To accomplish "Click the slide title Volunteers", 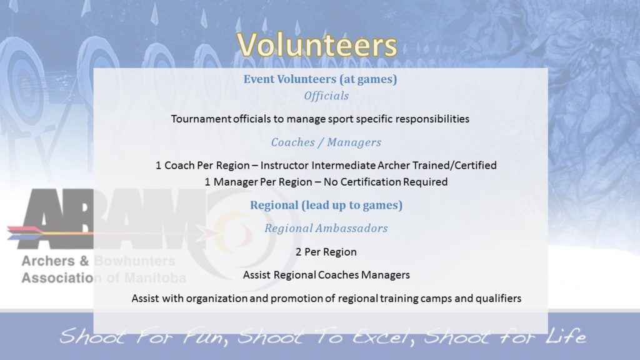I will point(317,45).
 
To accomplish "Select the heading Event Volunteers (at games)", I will point(320,79).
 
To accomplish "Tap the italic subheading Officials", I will point(326,96).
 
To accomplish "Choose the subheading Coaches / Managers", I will point(326,142).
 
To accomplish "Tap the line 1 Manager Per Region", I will point(262,182).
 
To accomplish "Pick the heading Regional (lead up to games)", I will point(326,205).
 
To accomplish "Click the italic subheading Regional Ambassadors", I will point(326,228).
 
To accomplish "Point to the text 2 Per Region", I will point(326,252).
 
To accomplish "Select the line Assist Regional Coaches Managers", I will point(326,275).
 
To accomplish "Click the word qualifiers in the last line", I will point(497,298).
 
